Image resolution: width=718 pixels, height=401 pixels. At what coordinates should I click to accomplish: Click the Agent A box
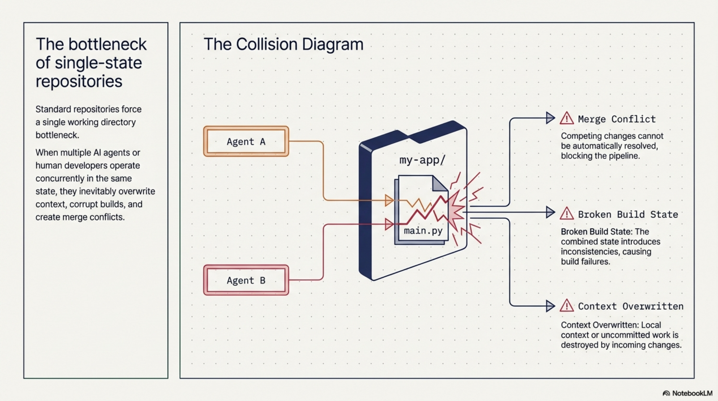tap(246, 142)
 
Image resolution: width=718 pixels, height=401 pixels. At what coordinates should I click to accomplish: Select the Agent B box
tap(246, 280)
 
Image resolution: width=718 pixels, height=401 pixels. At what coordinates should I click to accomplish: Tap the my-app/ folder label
tap(422, 160)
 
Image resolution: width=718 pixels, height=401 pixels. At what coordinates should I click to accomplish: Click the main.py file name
tap(423, 231)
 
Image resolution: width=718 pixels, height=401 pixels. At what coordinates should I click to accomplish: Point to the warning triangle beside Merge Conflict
tap(567, 118)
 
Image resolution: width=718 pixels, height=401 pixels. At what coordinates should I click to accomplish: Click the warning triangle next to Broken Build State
tap(567, 214)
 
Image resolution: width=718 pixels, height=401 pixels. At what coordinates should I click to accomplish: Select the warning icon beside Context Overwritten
tap(567, 306)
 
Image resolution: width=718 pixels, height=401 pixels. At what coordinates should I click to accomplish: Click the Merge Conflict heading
tap(617, 119)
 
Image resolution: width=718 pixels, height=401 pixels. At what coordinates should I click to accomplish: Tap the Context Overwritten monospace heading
tap(631, 306)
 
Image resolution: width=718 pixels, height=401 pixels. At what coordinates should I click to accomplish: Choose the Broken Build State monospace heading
tap(628, 214)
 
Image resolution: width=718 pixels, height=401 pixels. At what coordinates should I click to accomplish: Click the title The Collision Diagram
tap(283, 44)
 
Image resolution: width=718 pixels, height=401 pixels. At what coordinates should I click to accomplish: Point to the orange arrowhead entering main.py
tap(389, 200)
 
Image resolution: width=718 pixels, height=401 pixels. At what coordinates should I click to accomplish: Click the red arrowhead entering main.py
tap(389, 224)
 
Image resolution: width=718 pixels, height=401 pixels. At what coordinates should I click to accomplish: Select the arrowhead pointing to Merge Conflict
tap(550, 118)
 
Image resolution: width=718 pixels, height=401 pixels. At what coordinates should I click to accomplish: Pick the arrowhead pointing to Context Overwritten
tap(550, 306)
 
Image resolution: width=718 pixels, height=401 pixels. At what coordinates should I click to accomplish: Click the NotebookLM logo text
tap(692, 393)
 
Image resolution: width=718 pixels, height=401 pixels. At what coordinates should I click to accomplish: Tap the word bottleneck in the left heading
tap(108, 44)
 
